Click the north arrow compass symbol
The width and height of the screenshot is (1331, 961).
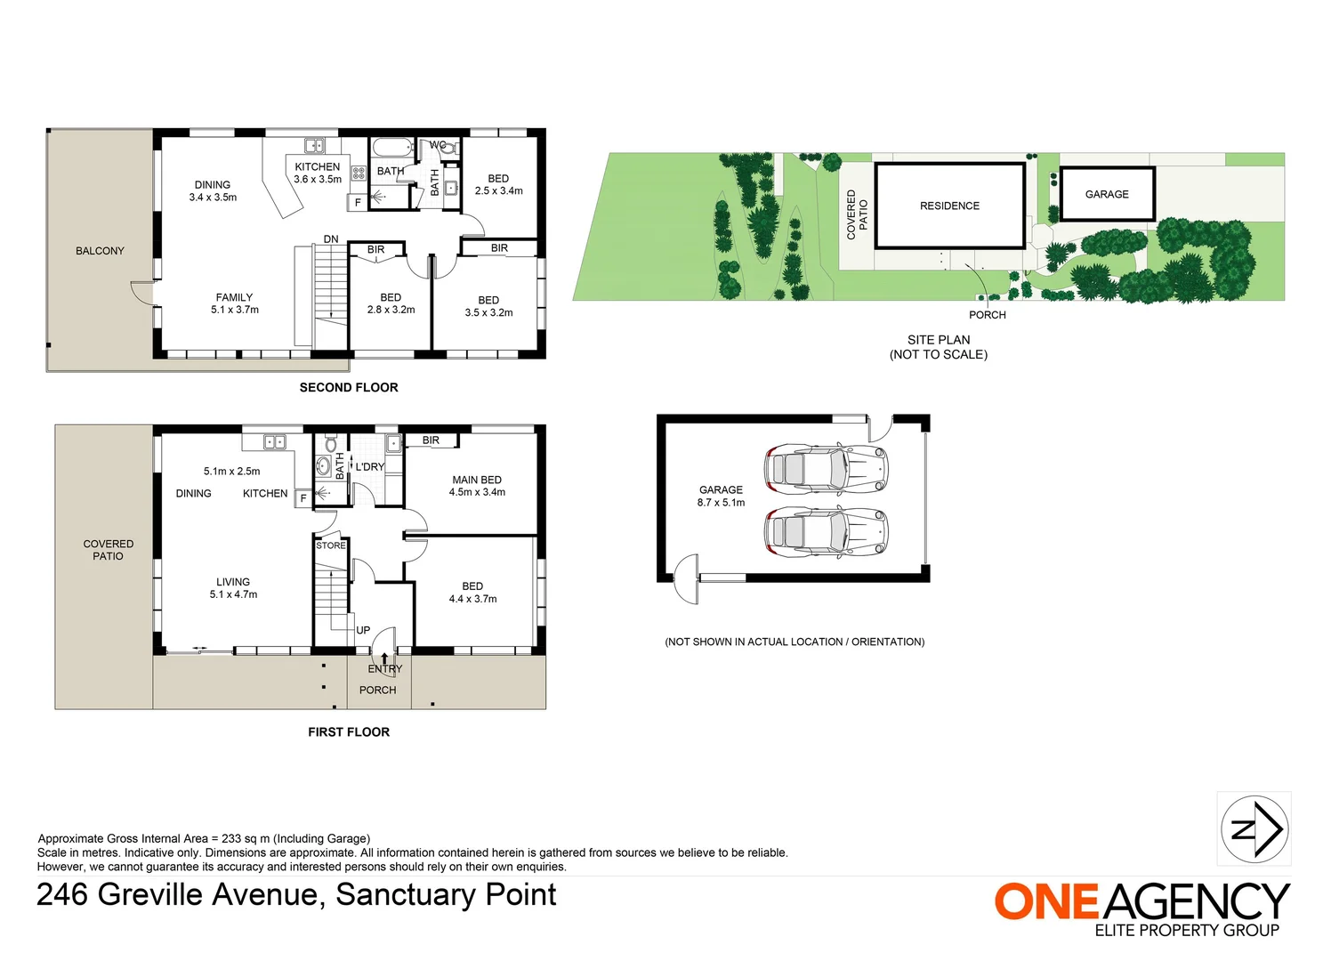1254,828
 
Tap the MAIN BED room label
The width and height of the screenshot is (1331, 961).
477,480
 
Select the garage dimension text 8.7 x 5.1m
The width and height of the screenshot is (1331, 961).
721,503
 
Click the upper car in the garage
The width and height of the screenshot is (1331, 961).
826,466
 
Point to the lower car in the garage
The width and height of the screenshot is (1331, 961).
826,532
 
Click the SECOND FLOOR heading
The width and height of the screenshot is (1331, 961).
349,387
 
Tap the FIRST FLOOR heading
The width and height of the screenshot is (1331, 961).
349,731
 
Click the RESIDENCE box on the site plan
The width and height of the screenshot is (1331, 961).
949,206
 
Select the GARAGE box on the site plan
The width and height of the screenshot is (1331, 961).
1107,194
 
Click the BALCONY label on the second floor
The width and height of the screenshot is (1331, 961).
100,251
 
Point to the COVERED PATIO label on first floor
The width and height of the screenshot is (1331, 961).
109,550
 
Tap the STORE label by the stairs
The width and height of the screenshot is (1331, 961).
331,545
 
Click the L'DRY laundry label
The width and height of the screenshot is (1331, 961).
370,466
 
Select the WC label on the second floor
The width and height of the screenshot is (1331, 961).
438,145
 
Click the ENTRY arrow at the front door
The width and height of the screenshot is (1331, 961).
384,659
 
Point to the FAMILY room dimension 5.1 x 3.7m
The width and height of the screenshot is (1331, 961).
235,310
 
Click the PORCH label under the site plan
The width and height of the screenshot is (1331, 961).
988,315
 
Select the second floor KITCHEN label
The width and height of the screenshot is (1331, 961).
318,166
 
